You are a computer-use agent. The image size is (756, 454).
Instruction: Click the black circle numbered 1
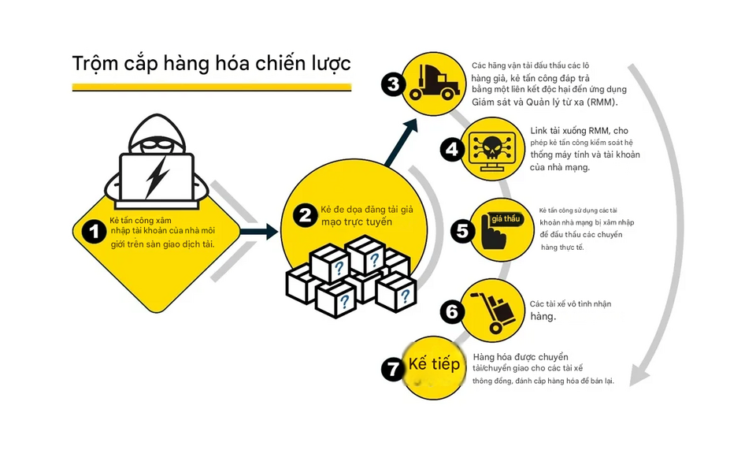[94, 231]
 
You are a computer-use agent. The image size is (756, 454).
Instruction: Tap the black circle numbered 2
[306, 214]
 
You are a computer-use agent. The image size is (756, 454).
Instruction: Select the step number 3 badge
[393, 84]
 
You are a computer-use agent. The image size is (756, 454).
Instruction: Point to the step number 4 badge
[452, 149]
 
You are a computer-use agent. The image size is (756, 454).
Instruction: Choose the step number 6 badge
[452, 311]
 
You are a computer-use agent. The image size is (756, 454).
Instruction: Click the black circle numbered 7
[393, 370]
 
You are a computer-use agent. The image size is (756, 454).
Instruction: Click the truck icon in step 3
[434, 83]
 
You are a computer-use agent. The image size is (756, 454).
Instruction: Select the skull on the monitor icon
[492, 148]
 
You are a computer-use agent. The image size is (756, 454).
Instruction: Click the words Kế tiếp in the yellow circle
[434, 364]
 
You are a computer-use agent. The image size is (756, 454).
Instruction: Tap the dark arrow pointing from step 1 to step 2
[259, 232]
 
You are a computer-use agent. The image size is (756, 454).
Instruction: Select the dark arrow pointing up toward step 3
[401, 143]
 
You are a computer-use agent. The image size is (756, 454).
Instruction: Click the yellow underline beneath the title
[212, 87]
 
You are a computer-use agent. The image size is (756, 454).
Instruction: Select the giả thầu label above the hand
[506, 219]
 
